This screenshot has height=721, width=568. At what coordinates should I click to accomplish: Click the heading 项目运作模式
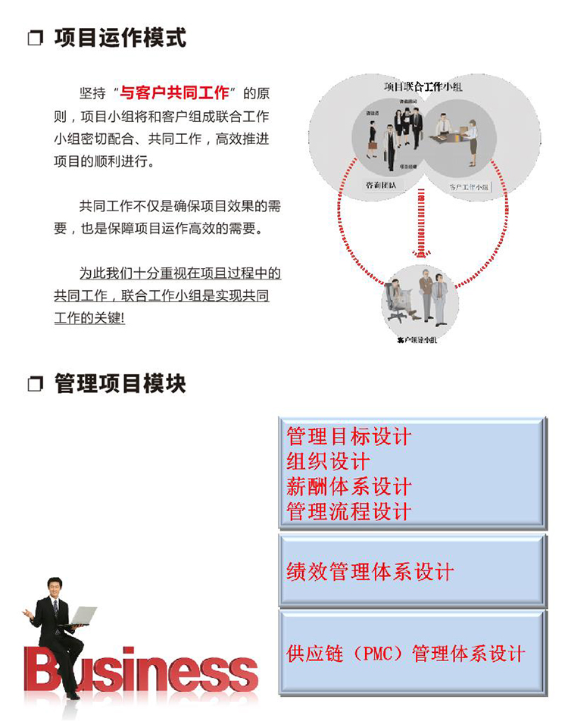[120, 37]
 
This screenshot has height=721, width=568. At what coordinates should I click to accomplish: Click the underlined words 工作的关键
[89, 318]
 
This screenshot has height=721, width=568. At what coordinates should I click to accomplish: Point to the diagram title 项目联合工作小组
[423, 88]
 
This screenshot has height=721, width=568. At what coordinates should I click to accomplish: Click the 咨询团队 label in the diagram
[381, 185]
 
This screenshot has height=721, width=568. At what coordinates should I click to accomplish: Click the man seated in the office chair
[398, 297]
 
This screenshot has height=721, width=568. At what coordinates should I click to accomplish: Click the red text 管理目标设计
[348, 436]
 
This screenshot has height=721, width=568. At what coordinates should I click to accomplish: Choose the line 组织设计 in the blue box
[328, 461]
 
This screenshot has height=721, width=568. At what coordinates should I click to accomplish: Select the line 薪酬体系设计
[348, 486]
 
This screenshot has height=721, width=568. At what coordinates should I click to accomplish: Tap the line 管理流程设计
[348, 511]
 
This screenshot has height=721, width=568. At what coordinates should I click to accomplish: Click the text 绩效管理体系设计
[370, 570]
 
